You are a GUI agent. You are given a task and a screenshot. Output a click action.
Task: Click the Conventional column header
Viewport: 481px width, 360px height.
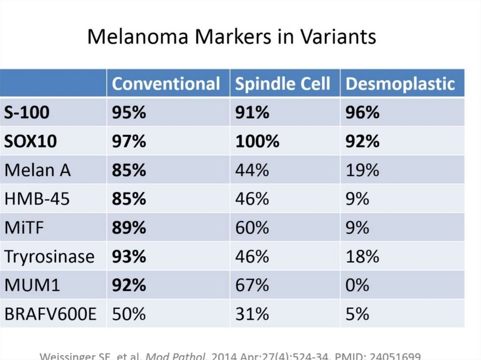[166, 84]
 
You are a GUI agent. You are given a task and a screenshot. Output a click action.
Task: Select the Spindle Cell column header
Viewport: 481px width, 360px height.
[283, 84]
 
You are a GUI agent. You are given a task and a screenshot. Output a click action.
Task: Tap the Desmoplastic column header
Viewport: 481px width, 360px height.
[400, 84]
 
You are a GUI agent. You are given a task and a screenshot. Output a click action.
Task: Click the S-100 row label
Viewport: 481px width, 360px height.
[27, 113]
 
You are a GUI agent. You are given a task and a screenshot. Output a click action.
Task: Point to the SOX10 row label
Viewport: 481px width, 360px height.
[31, 141]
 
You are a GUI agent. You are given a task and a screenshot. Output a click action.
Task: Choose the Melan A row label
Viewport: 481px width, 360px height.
[38, 170]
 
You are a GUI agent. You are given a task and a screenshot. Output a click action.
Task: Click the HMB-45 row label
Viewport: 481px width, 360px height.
[37, 199]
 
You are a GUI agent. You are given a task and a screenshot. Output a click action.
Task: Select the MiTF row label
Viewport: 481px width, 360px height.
[25, 228]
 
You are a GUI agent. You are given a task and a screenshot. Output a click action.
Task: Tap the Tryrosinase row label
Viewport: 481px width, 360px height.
[49, 256]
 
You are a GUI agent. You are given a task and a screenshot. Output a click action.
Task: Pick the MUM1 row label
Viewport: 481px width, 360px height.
[32, 285]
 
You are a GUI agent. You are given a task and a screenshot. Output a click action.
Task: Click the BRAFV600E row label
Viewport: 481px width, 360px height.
[50, 314]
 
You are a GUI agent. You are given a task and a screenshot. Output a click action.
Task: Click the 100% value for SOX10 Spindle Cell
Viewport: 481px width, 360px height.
[257, 141]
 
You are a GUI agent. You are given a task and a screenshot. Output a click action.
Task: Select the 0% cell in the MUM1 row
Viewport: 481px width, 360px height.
[357, 285]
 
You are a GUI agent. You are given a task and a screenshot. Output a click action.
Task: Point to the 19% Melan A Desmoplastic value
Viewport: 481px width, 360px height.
[362, 170]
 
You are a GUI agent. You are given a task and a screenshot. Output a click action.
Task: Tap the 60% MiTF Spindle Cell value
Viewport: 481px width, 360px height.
[252, 228]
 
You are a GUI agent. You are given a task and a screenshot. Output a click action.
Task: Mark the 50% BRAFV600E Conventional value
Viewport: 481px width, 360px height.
[129, 314]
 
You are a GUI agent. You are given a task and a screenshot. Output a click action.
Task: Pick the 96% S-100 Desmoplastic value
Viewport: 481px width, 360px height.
[362, 113]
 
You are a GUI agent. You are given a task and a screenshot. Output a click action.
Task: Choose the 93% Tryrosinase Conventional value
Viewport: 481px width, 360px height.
[129, 256]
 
